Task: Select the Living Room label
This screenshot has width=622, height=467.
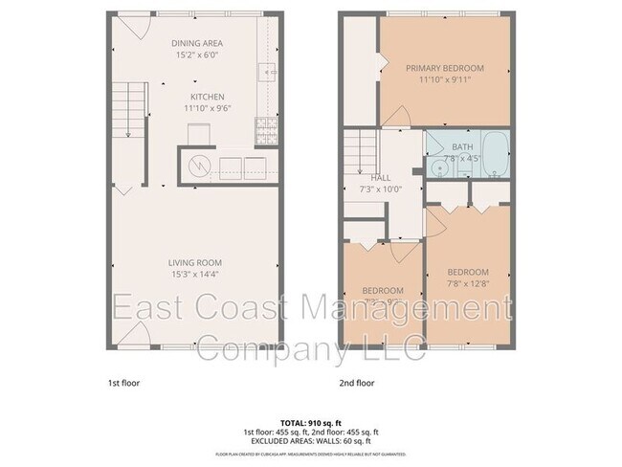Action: pyautogui.click(x=195, y=263)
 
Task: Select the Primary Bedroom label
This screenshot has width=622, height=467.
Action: pyautogui.click(x=444, y=68)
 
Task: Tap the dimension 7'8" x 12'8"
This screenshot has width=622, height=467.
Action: pyautogui.click(x=468, y=283)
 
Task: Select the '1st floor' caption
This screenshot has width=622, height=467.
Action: pyautogui.click(x=123, y=382)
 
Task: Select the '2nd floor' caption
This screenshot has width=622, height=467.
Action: pyautogui.click(x=358, y=382)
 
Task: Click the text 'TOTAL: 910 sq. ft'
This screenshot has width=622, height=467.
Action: pyautogui.click(x=310, y=422)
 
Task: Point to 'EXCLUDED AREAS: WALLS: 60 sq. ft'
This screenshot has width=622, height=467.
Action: pyautogui.click(x=310, y=441)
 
